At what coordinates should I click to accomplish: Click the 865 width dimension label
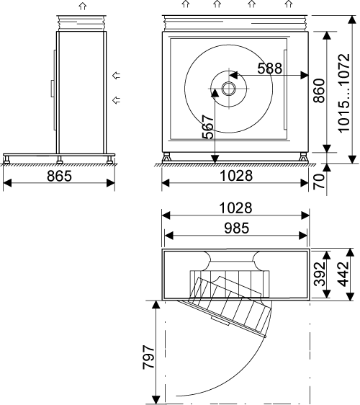coord(59,176)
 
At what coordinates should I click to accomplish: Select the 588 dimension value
coord(270,68)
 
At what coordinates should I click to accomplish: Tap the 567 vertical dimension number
coord(208,127)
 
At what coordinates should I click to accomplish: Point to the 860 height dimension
coord(319,90)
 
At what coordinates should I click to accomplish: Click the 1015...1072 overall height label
coord(344,93)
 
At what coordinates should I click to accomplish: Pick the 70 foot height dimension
coord(319,182)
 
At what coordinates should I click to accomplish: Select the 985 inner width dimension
coord(237,228)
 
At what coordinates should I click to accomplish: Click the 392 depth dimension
coord(320,274)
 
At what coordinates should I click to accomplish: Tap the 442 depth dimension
coord(343,274)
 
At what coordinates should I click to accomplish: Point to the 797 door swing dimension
coord(148,357)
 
